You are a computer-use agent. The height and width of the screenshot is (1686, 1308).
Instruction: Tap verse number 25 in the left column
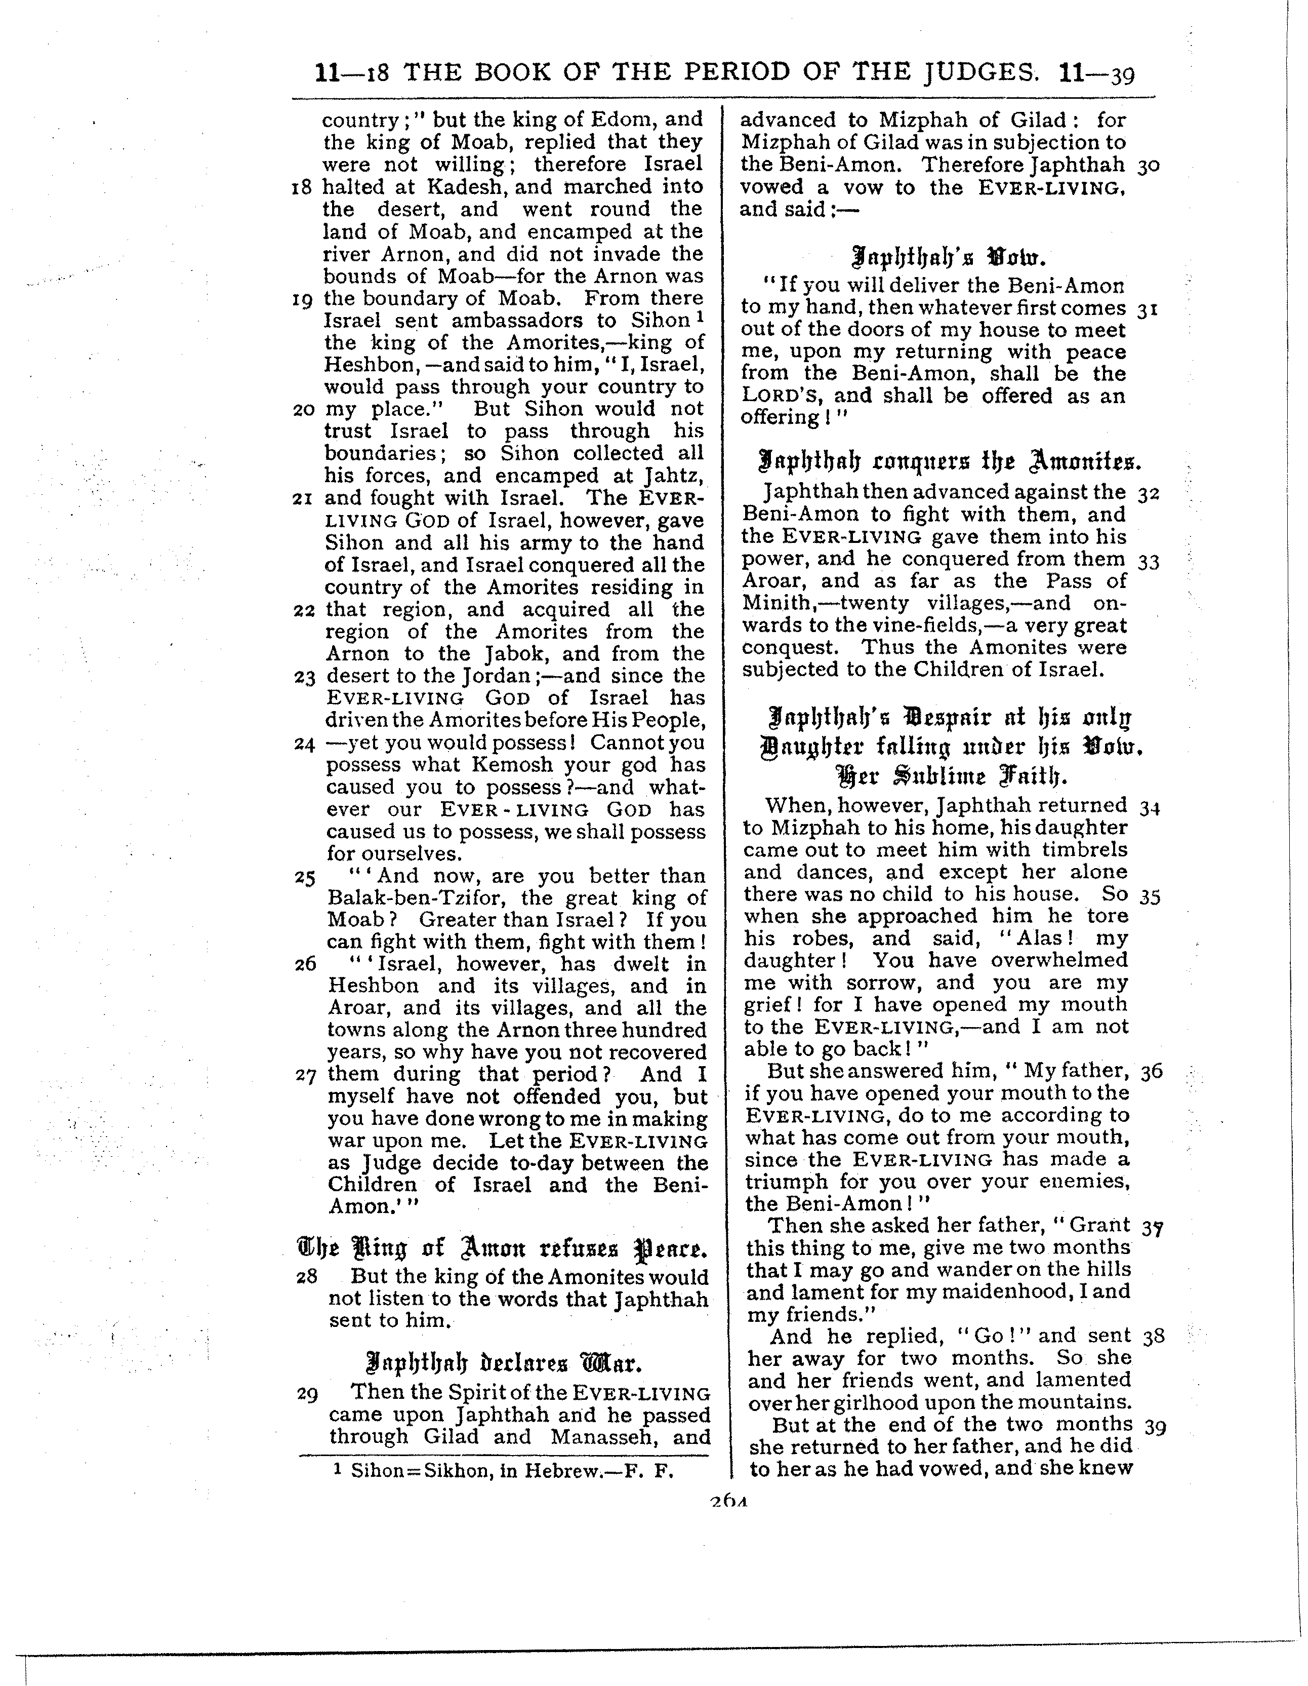305,878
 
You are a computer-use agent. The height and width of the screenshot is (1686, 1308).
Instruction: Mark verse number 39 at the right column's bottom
1155,1427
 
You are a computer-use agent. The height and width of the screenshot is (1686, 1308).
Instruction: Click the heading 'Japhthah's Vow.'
949,256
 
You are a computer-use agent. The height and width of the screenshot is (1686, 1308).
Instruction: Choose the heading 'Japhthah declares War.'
503,1360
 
